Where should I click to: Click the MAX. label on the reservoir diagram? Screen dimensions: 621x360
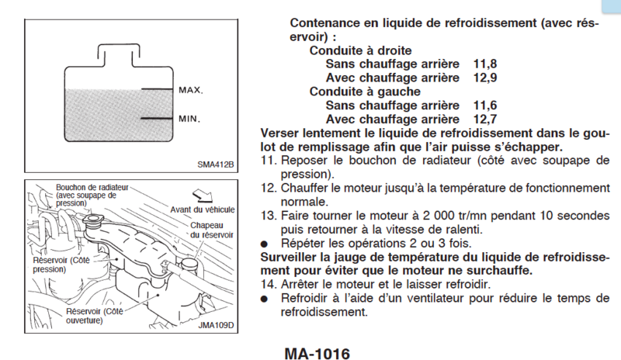point(190,90)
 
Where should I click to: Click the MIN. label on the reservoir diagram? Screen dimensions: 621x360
point(189,119)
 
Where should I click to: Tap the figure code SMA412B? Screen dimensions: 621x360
point(216,164)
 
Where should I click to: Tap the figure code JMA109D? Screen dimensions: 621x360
point(216,325)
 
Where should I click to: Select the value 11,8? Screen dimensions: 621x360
point(484,64)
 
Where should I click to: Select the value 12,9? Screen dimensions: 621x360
point(484,78)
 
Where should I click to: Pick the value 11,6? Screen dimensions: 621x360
point(484,106)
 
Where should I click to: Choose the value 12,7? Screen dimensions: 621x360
point(484,119)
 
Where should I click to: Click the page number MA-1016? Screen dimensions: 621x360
point(317,354)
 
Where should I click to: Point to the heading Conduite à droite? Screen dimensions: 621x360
point(360,50)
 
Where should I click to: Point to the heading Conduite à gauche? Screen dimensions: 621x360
point(365,92)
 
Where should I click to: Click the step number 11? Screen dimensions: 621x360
point(268,161)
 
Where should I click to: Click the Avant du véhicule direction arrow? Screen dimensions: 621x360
point(203,196)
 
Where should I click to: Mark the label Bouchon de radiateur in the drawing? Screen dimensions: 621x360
point(92,187)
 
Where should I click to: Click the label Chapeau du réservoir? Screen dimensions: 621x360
point(212,230)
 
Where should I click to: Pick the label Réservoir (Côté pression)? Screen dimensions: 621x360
point(61,265)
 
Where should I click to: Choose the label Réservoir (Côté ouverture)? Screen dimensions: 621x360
point(95,316)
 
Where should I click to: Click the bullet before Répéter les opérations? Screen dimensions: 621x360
point(264,244)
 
